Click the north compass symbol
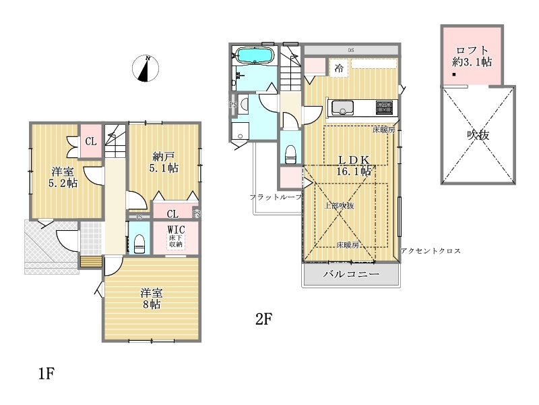(x=146, y=68)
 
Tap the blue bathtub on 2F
(x=255, y=55)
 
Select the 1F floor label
(x=46, y=373)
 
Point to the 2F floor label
(x=264, y=319)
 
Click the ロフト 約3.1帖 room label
(x=472, y=56)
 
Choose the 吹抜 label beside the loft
(x=478, y=134)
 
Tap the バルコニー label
(x=351, y=274)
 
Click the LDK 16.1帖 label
(x=354, y=165)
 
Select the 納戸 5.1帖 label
(x=164, y=162)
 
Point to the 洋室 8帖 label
(x=151, y=298)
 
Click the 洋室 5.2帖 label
(x=63, y=177)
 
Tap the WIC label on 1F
(x=176, y=230)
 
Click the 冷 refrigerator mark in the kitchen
(x=339, y=68)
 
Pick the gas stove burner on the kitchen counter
(x=384, y=107)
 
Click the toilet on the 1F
(x=139, y=244)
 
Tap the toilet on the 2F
(x=291, y=155)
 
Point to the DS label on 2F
(x=351, y=50)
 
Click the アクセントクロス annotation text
(x=431, y=251)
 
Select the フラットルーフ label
(x=276, y=197)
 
